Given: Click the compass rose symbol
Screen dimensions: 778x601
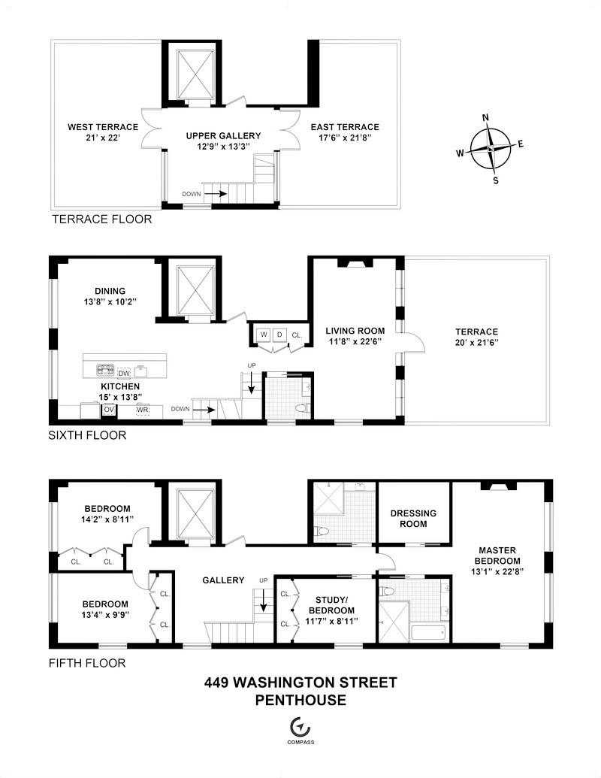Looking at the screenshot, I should (491, 148).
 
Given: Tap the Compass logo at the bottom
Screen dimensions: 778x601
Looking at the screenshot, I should (300, 727).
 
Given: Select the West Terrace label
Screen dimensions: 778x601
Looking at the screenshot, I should (92, 126).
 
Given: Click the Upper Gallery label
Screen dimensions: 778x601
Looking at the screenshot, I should (224, 136).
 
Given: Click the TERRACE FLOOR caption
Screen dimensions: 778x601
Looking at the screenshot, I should (101, 219).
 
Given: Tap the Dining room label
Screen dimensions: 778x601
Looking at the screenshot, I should (110, 291).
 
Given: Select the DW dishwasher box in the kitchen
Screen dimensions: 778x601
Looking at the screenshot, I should (125, 371).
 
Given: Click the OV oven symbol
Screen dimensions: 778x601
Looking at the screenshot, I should (109, 410).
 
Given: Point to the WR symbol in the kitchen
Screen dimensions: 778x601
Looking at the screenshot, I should (143, 410).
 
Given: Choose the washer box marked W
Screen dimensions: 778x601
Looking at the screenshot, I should (264, 335).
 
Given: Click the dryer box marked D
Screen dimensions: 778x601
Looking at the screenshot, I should (279, 335).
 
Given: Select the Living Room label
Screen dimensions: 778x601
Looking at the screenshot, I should (355, 330).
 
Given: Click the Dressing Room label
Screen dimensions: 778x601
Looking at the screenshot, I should (413, 519).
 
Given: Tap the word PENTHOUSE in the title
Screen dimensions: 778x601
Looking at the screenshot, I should (300, 701).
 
